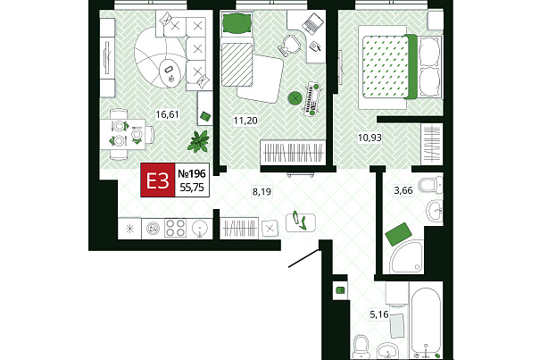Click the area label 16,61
tap(168, 114)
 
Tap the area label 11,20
tap(245, 121)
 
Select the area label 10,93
tap(370, 138)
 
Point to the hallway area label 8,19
tap(262, 191)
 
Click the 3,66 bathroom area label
tap(403, 190)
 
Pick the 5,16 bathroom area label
tap(378, 314)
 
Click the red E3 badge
tap(158, 180)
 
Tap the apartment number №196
tap(192, 173)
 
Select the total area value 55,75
tap(192, 188)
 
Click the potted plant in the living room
tap(199, 141)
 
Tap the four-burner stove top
tap(175, 228)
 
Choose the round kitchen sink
tap(200, 228)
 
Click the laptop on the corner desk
tap(312, 23)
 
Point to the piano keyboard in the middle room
tap(312, 98)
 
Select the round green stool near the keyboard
tap(295, 98)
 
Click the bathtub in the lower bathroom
tap(426, 322)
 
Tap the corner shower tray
tap(406, 257)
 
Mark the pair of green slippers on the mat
tap(300, 221)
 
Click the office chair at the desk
tap(289, 46)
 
